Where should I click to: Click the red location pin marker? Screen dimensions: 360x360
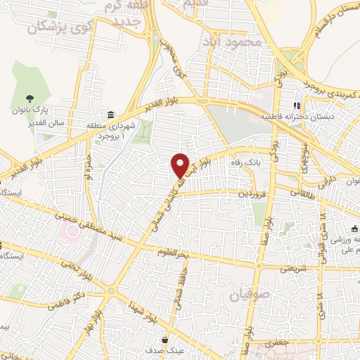tap(181, 165)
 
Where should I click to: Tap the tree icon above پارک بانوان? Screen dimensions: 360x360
tap(29, 99)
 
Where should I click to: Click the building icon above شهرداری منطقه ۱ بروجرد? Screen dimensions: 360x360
tap(111, 115)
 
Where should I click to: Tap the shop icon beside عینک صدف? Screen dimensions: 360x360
tap(165, 337)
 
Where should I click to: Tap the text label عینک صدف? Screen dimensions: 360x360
tap(149, 349)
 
